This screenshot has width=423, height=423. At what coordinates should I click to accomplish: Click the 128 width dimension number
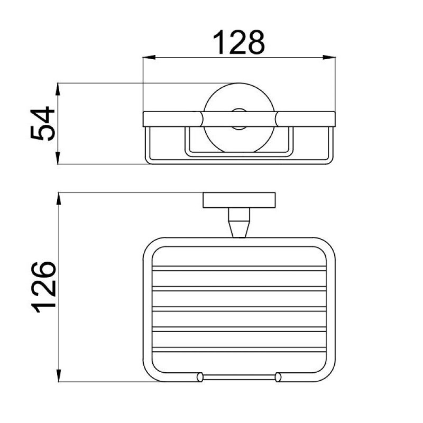239,42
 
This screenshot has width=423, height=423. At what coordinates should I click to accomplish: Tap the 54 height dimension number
43,123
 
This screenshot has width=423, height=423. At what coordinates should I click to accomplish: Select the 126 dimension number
44,287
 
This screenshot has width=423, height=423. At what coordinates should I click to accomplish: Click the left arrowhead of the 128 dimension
149,58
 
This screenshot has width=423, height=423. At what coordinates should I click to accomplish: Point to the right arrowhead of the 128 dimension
329,58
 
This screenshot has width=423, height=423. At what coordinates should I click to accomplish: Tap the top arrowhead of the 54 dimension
58,89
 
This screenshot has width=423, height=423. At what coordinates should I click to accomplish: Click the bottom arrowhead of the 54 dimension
58,158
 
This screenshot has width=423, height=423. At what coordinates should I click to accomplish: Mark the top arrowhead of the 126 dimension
59,199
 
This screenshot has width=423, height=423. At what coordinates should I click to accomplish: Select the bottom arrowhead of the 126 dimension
59,375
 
